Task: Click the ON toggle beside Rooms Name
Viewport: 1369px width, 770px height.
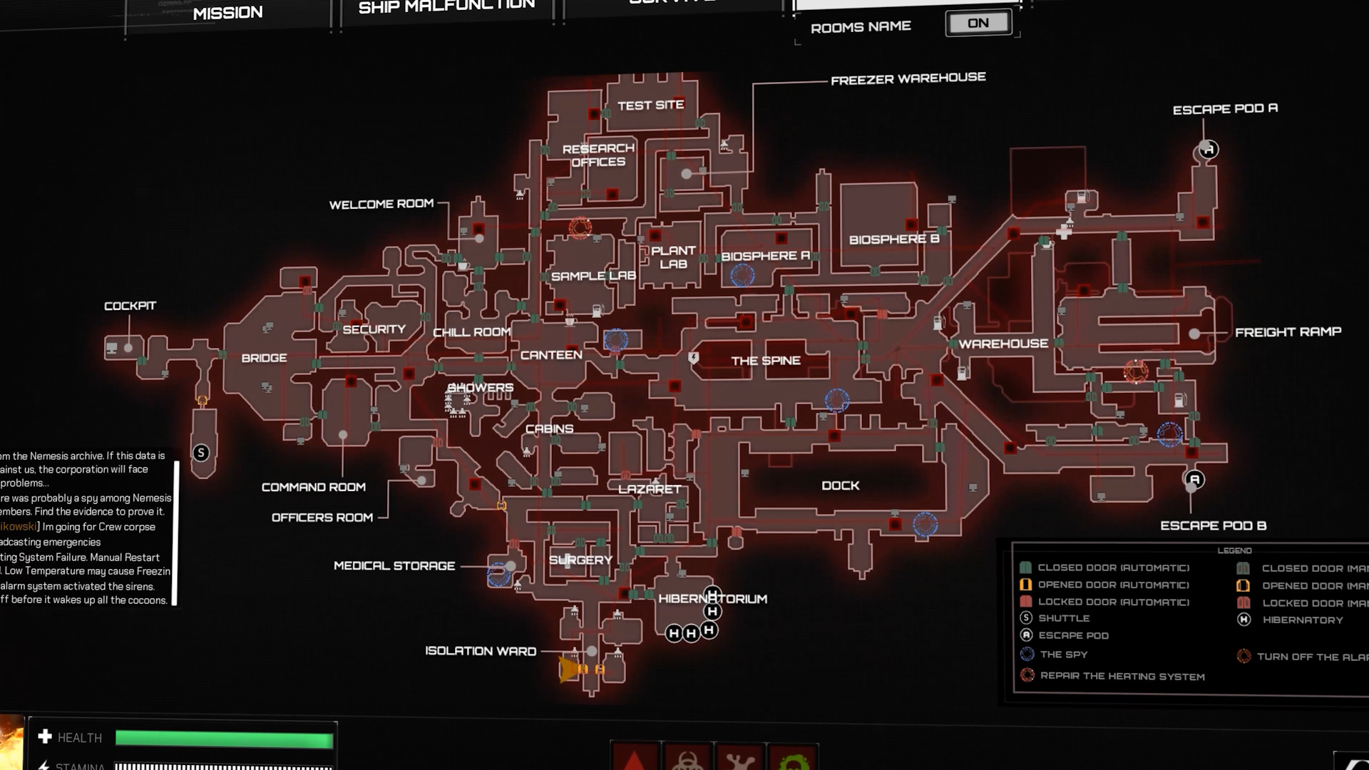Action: point(978,24)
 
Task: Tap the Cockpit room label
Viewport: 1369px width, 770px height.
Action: point(130,306)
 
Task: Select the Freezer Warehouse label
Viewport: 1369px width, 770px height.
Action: point(908,78)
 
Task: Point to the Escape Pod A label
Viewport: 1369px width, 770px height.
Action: point(1225,109)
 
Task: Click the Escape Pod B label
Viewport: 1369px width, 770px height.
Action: point(1213,525)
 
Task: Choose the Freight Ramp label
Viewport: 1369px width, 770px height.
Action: point(1288,332)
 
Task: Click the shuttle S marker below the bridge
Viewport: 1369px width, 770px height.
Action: point(201,453)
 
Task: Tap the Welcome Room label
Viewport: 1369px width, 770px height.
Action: point(381,205)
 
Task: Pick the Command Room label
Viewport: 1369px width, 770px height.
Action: point(313,487)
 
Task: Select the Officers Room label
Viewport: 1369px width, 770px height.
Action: point(322,518)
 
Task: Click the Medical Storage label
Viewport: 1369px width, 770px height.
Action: point(394,566)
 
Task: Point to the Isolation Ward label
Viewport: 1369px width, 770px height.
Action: point(481,651)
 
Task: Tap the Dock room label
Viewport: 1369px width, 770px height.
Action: point(840,486)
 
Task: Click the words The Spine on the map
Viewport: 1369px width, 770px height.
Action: point(766,361)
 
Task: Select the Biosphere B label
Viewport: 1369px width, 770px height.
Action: point(893,240)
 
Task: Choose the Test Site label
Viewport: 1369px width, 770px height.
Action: point(650,106)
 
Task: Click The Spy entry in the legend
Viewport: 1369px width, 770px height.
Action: point(1063,654)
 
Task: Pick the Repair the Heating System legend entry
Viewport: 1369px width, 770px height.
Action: point(1122,676)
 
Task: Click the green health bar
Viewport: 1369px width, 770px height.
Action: point(224,739)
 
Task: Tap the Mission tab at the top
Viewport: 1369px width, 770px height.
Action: point(227,13)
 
